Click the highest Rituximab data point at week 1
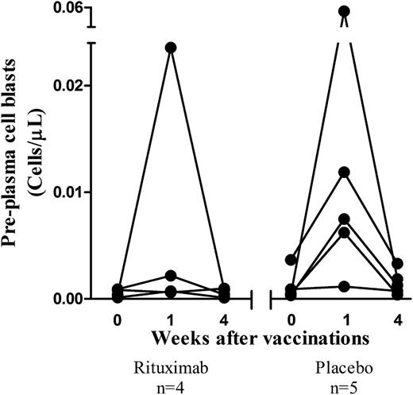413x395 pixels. click(170, 48)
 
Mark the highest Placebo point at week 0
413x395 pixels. click(291, 259)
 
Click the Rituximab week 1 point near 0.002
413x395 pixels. click(170, 276)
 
